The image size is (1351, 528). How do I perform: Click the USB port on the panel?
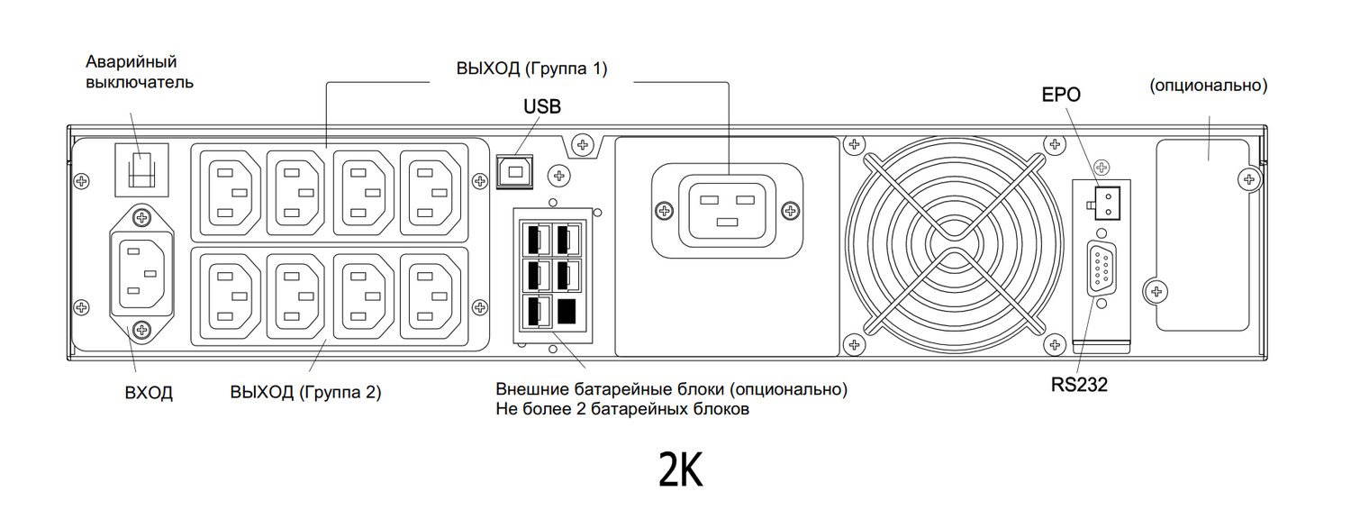point(516,170)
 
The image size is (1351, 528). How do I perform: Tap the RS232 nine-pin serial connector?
point(1102,269)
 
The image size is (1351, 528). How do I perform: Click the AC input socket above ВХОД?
point(141,273)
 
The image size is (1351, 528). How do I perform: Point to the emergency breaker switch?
point(140,168)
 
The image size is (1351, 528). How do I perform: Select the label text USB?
point(542,107)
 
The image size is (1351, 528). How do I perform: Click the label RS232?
point(1079,385)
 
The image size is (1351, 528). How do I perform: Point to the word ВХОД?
point(149,393)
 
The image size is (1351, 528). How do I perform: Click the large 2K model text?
point(680,470)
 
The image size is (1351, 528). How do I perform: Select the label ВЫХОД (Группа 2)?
point(306,392)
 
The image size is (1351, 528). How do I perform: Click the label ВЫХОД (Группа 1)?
point(531,68)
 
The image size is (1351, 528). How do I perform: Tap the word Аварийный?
point(131,61)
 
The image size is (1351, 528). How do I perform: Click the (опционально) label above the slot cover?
point(1209,86)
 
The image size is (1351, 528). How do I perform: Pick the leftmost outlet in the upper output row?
point(231,192)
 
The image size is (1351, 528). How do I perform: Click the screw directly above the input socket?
point(141,216)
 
